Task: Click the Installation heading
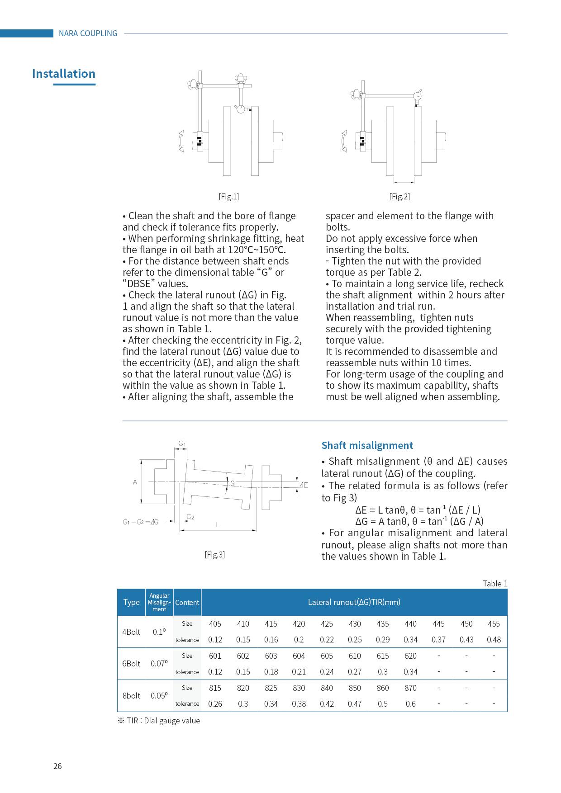pyautogui.click(x=64, y=74)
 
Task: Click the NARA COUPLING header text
pyautogui.click(x=88, y=33)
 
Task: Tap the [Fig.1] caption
pyautogui.click(x=228, y=197)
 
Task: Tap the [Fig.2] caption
pyautogui.click(x=399, y=197)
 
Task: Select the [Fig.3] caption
pyautogui.click(x=214, y=555)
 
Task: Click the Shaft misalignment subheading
pyautogui.click(x=367, y=445)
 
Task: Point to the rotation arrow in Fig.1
pyautogui.click(x=181, y=141)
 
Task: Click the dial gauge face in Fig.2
pyautogui.click(x=418, y=96)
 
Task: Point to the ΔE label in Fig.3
pyautogui.click(x=304, y=485)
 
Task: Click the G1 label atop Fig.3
pyautogui.click(x=182, y=444)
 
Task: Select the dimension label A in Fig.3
pyautogui.click(x=135, y=482)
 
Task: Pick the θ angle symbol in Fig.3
pyautogui.click(x=233, y=483)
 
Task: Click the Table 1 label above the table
pyautogui.click(x=495, y=584)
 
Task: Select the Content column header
pyautogui.click(x=187, y=603)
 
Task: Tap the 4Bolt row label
pyautogui.click(x=131, y=632)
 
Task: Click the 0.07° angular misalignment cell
pyautogui.click(x=159, y=664)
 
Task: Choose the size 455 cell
pyautogui.click(x=494, y=624)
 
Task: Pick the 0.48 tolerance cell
pyautogui.click(x=494, y=640)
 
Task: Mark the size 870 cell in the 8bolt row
pyautogui.click(x=410, y=688)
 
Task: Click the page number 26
pyautogui.click(x=57, y=766)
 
